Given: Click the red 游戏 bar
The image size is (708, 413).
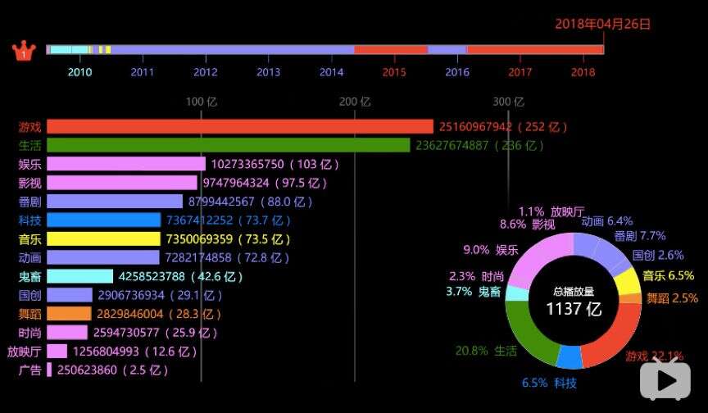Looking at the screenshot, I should [239, 127].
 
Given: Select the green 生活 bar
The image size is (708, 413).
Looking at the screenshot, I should [228, 145].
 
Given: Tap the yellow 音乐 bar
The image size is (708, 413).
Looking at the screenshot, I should [103, 239].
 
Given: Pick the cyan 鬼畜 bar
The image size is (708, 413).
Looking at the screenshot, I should [79, 276].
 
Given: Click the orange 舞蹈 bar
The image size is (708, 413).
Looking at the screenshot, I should [69, 314].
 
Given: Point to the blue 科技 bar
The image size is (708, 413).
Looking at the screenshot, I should [103, 220].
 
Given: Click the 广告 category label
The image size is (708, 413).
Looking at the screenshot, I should [29, 370].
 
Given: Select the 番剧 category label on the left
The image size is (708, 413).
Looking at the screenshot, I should [29, 202].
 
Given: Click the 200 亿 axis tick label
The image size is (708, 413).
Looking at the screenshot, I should [355, 102].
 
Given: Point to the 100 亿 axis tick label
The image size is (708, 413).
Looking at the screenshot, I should [202, 102].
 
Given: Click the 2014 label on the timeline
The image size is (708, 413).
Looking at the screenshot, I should [331, 72].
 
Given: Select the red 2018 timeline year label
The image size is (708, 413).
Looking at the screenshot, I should [583, 72].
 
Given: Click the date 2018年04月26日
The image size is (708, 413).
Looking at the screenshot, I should [602, 24].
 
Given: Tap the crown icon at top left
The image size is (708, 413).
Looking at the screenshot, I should [24, 51].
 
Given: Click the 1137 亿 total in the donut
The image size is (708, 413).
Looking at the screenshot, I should [574, 309].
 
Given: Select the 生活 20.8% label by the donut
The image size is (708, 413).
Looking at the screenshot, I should [486, 351].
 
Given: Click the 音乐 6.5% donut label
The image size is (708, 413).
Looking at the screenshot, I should [668, 276].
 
